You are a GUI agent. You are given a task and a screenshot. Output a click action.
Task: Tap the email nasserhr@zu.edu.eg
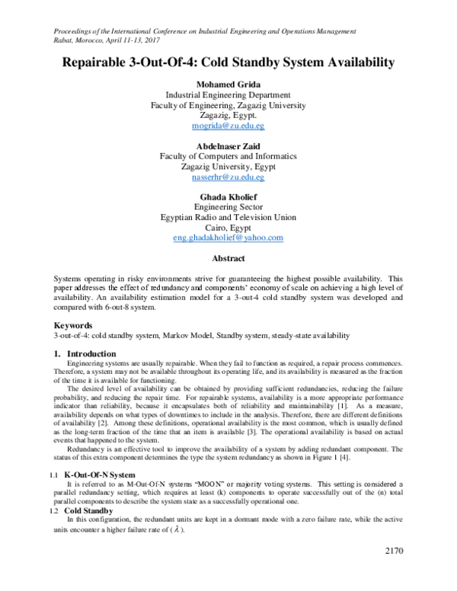(x=228, y=177)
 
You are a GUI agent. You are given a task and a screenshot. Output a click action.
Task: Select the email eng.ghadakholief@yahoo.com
(x=228, y=238)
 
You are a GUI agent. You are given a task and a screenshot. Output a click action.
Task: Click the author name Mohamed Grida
(x=228, y=84)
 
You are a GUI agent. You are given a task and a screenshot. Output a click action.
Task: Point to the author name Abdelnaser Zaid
(x=228, y=145)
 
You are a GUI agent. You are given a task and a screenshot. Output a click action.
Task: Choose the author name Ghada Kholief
(x=228, y=196)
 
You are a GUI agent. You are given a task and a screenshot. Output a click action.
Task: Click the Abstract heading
(x=228, y=258)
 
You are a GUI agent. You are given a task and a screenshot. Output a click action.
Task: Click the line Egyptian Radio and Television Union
(x=228, y=217)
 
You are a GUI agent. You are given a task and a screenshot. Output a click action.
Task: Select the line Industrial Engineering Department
(x=228, y=95)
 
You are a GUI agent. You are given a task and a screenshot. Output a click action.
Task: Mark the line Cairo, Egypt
(x=228, y=227)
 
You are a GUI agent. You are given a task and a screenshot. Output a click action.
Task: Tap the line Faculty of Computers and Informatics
(x=228, y=156)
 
